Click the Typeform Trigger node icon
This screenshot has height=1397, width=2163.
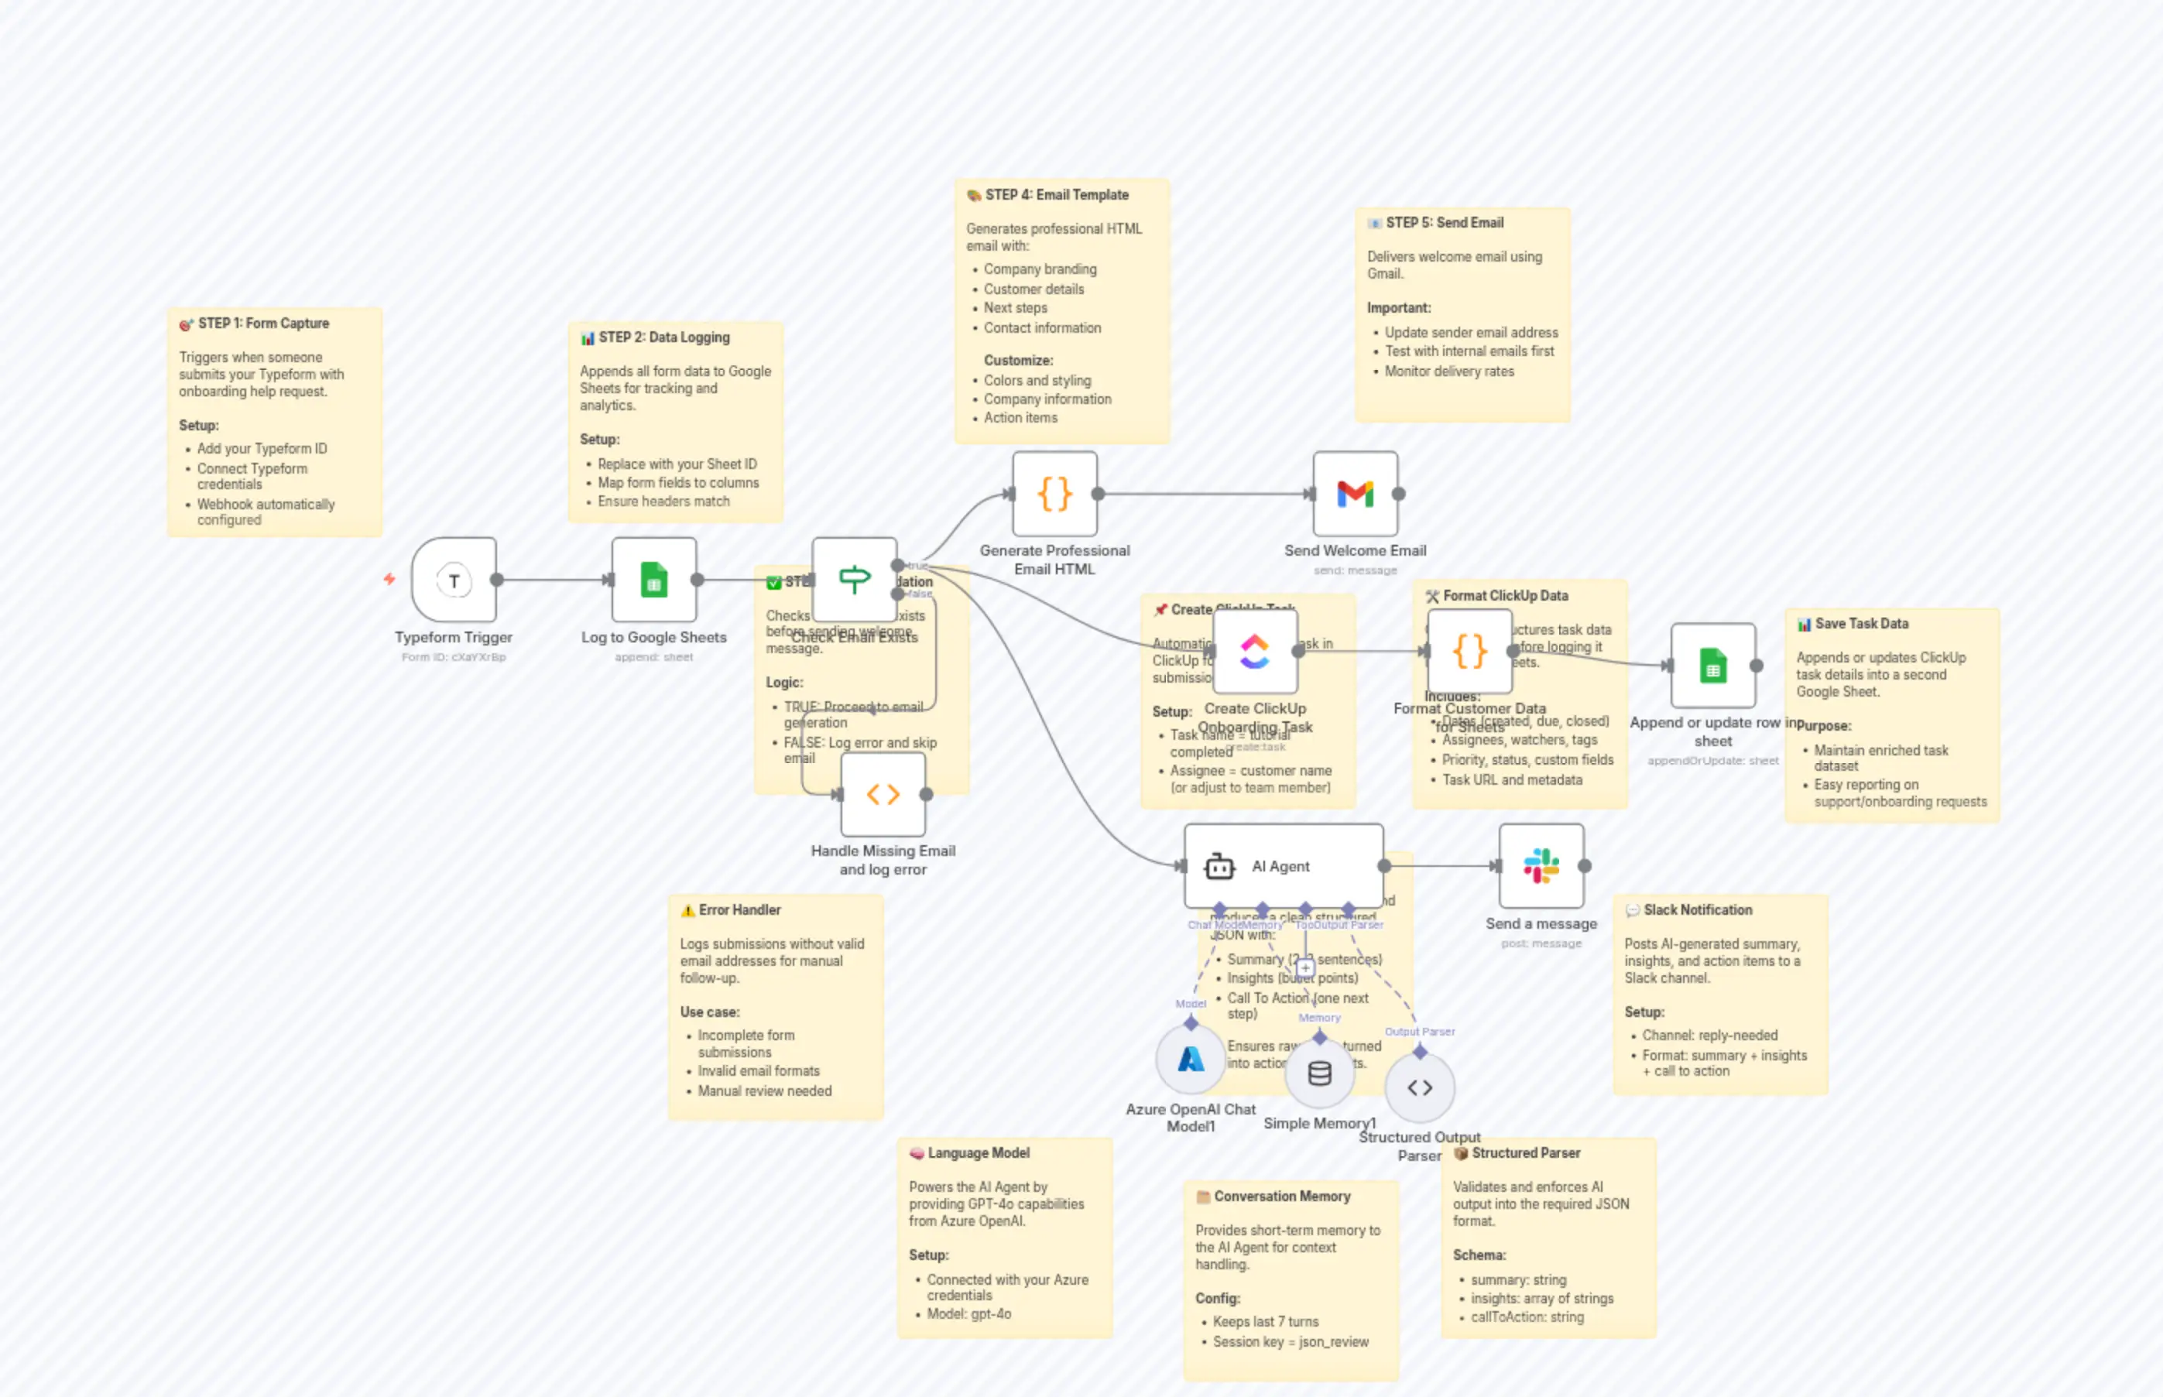click(x=454, y=580)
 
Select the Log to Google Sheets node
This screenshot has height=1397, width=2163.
click(x=653, y=580)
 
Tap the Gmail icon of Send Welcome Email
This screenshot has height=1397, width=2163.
click(x=1355, y=495)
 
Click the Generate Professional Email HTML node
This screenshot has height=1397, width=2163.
click(x=1054, y=495)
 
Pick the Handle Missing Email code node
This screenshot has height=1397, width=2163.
click(x=883, y=795)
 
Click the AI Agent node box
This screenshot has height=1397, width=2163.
click(x=1282, y=866)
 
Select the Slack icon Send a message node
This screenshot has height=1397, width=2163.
click(x=1541, y=866)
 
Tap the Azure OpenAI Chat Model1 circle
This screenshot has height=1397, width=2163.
click(x=1191, y=1060)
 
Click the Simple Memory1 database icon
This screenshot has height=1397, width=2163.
click(x=1319, y=1074)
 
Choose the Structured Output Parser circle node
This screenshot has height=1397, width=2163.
click(x=1419, y=1087)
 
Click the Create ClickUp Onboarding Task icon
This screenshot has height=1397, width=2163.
click(x=1255, y=652)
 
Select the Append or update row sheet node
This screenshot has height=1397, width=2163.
click(x=1712, y=666)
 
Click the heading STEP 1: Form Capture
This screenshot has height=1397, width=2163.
click(x=263, y=324)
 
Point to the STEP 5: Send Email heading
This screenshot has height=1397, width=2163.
click(x=1444, y=223)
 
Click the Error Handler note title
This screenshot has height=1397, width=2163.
click(x=739, y=910)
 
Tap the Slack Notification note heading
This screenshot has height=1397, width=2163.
click(x=1697, y=910)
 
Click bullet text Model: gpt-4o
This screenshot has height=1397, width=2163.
click(x=968, y=1313)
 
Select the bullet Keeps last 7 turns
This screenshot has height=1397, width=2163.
click(x=1265, y=1322)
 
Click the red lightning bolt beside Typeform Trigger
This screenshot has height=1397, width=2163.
click(x=389, y=579)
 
